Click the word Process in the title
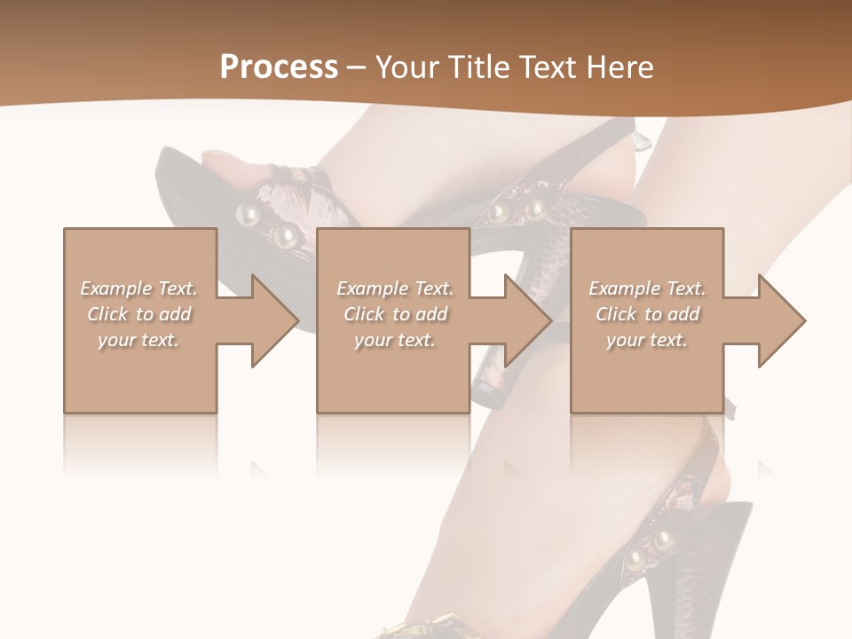click(279, 67)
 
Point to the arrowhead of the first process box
click(275, 320)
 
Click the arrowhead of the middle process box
click(528, 320)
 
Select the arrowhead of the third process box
click(782, 320)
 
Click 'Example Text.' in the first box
click(139, 288)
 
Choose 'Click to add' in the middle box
click(395, 314)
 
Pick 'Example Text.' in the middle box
click(395, 288)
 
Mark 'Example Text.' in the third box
click(647, 288)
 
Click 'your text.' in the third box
click(647, 340)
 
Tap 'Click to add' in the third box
click(647, 314)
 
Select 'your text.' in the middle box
click(395, 340)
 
